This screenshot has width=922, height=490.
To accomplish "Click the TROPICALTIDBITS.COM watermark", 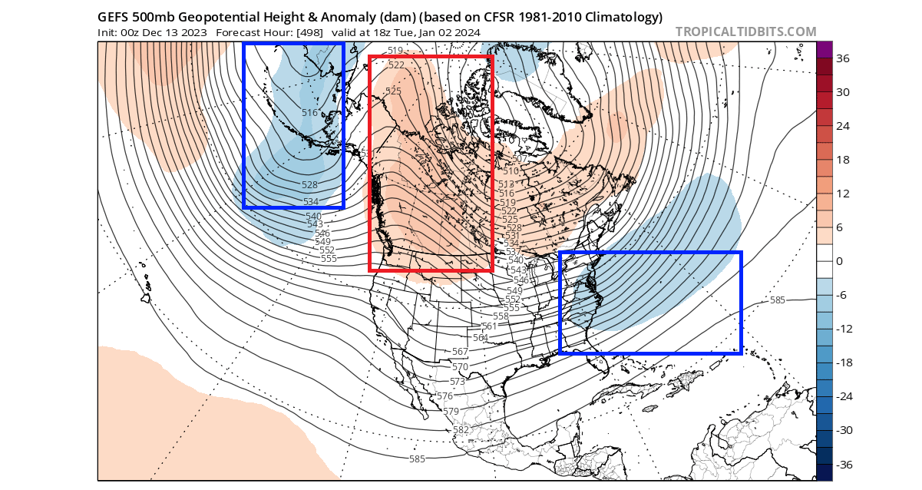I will click(745, 31).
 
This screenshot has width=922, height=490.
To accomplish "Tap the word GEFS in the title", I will click(114, 16).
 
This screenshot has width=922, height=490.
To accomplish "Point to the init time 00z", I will click(129, 32).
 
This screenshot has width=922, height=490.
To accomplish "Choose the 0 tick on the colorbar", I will click(840, 261).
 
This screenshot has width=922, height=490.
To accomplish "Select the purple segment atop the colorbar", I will click(824, 50).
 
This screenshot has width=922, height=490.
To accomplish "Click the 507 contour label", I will click(520, 159).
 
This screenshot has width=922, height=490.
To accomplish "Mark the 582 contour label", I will click(461, 430).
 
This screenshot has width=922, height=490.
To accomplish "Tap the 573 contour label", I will click(458, 382).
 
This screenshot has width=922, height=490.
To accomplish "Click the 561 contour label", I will click(490, 326).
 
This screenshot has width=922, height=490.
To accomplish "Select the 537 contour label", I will click(513, 252).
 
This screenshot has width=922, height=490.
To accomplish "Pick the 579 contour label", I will click(452, 412).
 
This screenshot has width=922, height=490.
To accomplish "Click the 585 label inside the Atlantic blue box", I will click(777, 300).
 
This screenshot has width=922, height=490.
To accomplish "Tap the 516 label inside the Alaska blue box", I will click(309, 113).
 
